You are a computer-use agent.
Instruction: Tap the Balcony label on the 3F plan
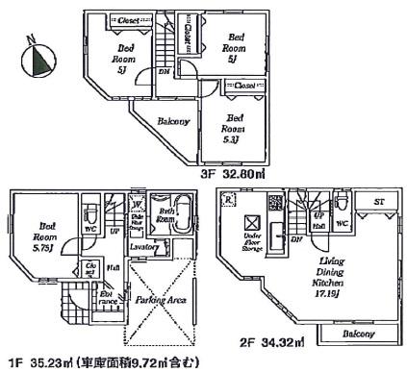[x=159, y=124]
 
